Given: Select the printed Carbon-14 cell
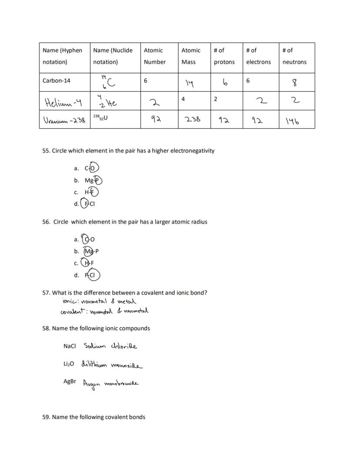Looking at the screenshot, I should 57,81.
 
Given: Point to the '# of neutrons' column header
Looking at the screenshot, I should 294,56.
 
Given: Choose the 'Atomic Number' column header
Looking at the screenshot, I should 155,56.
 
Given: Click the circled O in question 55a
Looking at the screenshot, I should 94,168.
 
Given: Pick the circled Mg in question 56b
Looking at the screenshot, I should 89,251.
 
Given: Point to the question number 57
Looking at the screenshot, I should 46,293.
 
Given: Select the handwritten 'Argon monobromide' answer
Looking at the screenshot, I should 111,384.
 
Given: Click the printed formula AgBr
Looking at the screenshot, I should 70,381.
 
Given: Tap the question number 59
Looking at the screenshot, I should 46,417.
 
